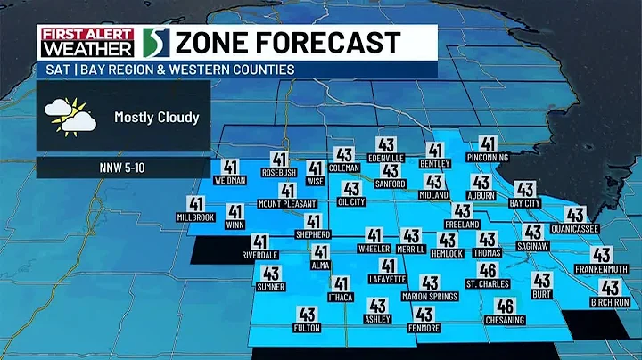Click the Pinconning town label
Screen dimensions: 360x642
point(487,158)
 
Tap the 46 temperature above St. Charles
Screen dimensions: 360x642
point(487,271)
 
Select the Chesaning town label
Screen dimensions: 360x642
point(504,320)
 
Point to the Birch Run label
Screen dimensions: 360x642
point(610,302)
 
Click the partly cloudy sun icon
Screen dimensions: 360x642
point(70,118)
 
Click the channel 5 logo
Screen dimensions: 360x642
point(152,43)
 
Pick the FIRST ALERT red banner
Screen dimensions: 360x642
point(86,32)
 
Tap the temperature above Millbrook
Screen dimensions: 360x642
point(197,204)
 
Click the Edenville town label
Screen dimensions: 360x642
point(386,158)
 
